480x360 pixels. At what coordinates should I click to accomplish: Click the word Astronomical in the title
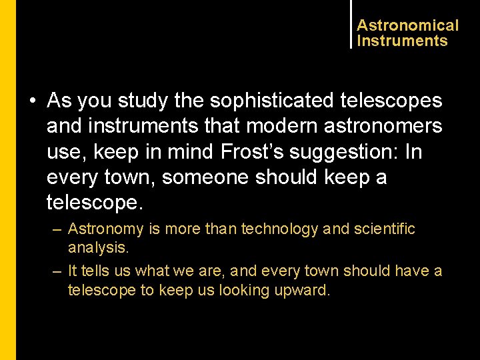[407, 25]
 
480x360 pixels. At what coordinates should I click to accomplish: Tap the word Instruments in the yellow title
[402, 41]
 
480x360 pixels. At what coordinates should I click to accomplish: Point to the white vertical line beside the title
[351, 24]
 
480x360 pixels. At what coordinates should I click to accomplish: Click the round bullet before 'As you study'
[32, 101]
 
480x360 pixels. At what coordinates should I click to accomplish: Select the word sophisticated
[271, 101]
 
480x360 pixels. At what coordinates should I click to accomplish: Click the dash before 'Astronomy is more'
[57, 229]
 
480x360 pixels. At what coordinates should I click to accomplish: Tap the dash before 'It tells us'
[57, 271]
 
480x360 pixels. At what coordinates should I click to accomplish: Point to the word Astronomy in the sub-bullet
[105, 229]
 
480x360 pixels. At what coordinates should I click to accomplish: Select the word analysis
[97, 248]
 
